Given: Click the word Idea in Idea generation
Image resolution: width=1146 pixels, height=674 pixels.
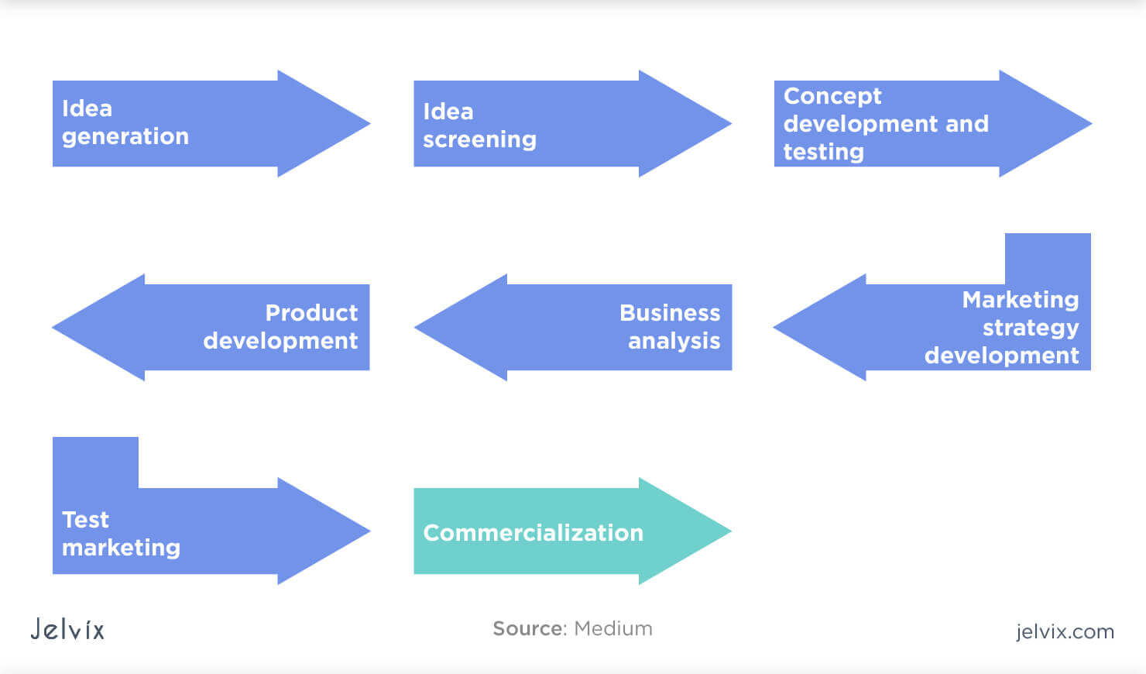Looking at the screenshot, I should tap(87, 108).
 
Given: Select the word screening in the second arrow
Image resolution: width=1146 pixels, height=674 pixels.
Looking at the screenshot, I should tap(479, 139).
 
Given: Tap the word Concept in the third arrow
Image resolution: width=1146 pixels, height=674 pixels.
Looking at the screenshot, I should tap(832, 96).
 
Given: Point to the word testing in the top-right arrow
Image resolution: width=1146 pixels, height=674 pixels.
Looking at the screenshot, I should tap(823, 152).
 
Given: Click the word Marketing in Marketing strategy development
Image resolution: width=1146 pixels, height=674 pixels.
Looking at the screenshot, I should tap(1020, 300).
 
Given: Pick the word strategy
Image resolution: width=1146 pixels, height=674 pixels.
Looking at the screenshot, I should tap(1030, 328).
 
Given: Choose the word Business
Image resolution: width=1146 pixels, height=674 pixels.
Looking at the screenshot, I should tap(669, 313).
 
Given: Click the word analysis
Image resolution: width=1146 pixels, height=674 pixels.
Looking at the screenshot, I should tap(674, 341).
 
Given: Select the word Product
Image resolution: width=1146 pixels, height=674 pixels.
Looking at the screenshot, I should tap(311, 313).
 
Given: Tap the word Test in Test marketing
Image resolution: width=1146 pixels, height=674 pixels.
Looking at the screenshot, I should tap(85, 520).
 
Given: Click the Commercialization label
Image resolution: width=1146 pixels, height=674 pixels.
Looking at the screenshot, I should tap(533, 533).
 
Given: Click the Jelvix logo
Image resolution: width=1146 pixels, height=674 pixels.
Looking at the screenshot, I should tap(67, 628).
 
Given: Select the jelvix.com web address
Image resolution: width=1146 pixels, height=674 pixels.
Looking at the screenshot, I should tap(1065, 631).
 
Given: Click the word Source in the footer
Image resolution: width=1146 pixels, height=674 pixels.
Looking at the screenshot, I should tap(530, 628).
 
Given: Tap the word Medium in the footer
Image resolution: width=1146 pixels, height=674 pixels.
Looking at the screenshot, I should tap(613, 628).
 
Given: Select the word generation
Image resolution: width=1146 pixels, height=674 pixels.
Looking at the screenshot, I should tap(125, 136).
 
